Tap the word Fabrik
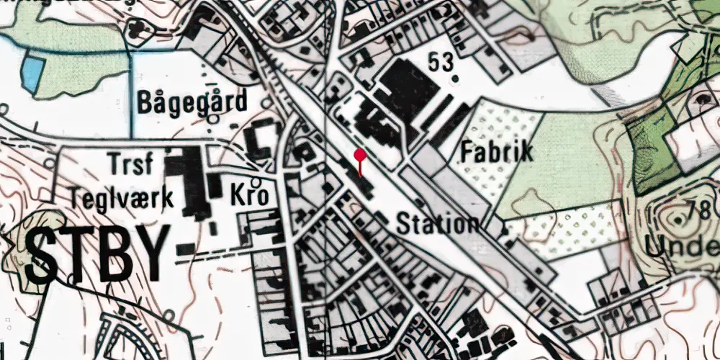tap(497, 152)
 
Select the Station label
tap(438, 223)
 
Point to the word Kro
tap(250, 195)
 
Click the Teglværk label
tap(122, 197)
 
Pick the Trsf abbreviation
tap(130, 165)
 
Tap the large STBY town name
tap(98, 255)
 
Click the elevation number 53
tap(441, 62)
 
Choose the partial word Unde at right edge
tap(683, 247)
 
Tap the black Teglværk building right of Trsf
tap(189, 180)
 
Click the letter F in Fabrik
tap(468, 152)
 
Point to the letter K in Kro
tap(238, 195)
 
